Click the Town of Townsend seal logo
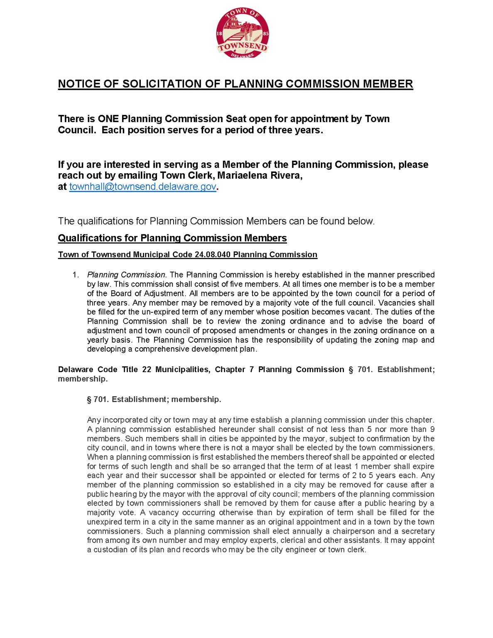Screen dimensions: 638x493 [243, 33]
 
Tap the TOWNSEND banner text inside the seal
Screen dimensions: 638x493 [243, 47]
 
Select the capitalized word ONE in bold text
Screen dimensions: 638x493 [108, 119]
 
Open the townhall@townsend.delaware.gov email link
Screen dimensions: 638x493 [142, 187]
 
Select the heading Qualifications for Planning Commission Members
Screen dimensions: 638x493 [172, 238]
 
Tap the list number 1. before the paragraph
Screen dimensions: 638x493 [76, 275]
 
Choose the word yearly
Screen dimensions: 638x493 [99, 340]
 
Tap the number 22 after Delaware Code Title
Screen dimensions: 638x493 [147, 370]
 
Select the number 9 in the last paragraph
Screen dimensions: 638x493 [432, 429]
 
